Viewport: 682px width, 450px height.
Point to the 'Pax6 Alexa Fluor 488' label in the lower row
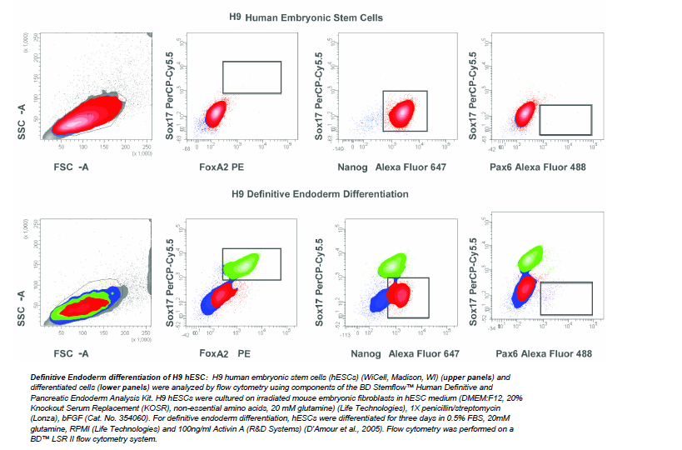point(544,353)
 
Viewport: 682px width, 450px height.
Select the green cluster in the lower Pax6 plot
point(530,257)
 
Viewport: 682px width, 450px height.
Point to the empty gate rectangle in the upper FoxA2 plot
point(252,77)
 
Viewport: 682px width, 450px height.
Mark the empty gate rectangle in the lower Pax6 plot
point(566,299)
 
